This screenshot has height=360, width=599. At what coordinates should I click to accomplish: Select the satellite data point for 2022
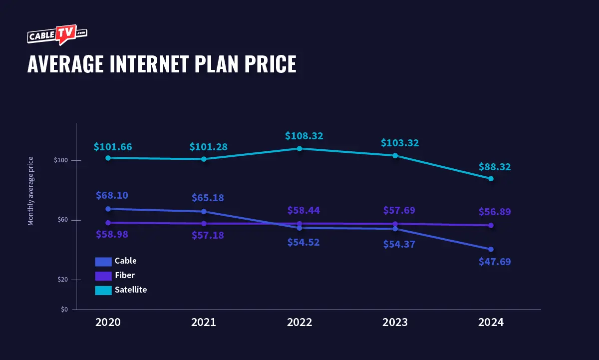[299, 148]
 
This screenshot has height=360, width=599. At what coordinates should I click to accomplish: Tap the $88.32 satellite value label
[495, 167]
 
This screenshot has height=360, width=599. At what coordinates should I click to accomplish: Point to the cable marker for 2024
[491, 249]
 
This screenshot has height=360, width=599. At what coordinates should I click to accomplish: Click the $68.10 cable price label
[112, 195]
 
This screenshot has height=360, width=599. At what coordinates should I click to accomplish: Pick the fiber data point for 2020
[108, 223]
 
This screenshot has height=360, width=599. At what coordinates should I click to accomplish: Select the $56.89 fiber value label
[495, 212]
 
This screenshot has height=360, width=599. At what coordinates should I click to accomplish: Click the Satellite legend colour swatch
[103, 290]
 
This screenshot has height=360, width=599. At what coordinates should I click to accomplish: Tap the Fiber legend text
[125, 275]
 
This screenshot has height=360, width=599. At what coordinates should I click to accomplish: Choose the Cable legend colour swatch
[103, 261]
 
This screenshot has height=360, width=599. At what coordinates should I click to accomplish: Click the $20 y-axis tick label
[62, 280]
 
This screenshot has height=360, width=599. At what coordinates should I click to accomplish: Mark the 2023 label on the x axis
[395, 322]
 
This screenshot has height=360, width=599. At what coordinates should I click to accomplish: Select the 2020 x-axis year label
[108, 322]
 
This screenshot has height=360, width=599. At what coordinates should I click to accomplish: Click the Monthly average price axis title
[31, 191]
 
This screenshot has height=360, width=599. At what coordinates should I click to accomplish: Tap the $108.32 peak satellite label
[304, 136]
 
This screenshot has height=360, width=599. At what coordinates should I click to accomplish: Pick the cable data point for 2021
[204, 212]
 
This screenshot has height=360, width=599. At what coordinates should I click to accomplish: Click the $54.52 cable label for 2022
[303, 242]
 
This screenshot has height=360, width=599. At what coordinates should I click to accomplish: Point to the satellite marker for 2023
[395, 155]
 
